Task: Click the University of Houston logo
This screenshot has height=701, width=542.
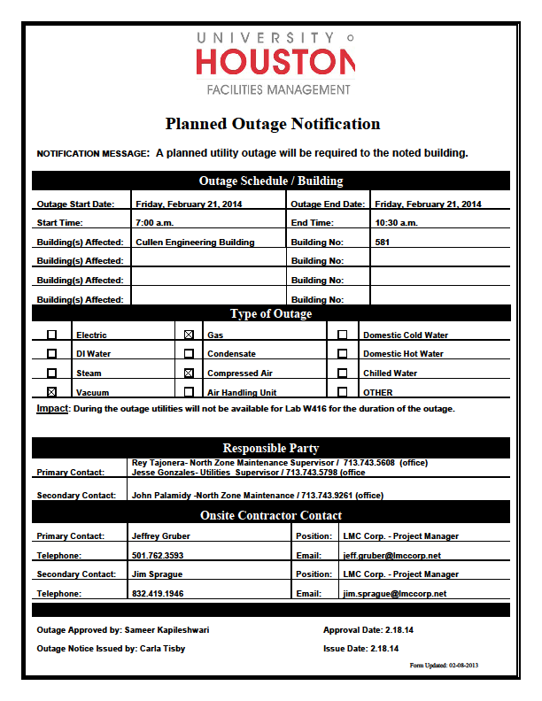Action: point(274,62)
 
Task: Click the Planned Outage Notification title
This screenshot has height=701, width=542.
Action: point(272,124)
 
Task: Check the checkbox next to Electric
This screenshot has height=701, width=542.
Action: point(51,335)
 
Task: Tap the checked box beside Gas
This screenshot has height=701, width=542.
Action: point(189,335)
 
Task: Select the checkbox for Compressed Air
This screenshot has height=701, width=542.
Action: point(189,374)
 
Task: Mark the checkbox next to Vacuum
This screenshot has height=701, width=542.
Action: point(51,392)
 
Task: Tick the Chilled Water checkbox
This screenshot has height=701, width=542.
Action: point(343,374)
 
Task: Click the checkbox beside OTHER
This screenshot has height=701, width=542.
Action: point(343,392)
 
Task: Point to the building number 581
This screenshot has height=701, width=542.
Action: point(383,242)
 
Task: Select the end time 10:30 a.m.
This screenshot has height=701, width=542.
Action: point(396,222)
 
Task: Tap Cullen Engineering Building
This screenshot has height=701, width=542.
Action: point(195,242)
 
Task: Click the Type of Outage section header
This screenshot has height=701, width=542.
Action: point(271,313)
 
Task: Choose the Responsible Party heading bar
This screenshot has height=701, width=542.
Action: point(271,448)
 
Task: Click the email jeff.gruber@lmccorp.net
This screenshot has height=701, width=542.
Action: point(391,556)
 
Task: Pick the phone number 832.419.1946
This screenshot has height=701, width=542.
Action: point(158,594)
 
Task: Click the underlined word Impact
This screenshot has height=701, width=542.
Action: point(52,409)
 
